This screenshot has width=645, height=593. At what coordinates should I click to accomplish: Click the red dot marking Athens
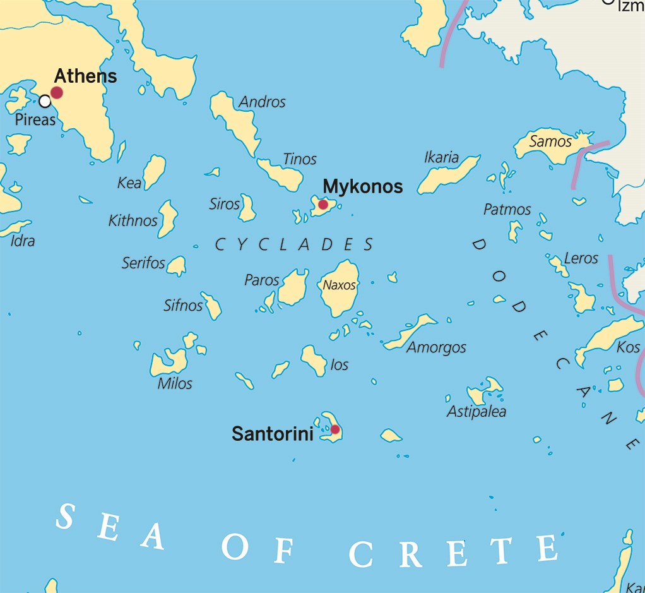point(57,93)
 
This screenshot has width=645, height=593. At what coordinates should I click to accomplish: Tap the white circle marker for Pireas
point(45,101)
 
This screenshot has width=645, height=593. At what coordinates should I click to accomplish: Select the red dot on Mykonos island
point(323,205)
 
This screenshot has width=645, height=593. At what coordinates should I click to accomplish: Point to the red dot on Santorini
point(335,429)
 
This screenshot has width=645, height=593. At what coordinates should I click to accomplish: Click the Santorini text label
point(272,434)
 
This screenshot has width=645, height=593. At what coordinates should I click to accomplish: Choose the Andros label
point(263,102)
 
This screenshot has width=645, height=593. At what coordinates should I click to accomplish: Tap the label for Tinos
point(300,159)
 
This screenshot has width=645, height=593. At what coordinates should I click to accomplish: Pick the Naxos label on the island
point(340,285)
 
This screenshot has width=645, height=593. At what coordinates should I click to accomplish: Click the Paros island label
point(262,280)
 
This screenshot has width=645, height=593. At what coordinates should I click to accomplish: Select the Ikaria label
point(442,157)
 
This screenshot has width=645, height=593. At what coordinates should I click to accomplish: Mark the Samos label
point(550,141)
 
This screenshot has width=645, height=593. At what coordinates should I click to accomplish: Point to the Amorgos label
point(437,347)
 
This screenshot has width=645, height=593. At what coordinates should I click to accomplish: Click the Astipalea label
point(476,412)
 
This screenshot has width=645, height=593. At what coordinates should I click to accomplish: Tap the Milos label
point(175,383)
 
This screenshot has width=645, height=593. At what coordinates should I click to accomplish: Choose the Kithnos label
point(133,220)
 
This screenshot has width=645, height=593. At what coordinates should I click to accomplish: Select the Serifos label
point(143,263)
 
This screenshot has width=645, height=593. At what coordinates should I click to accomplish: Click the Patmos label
point(507,209)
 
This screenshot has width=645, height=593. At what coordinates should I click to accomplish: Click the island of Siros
point(247,208)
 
